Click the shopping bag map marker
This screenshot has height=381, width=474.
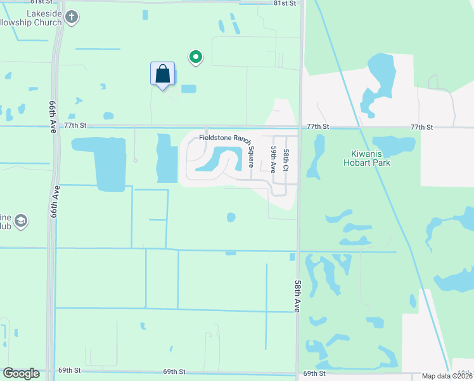pos(163,74)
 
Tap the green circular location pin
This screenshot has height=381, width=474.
pos(196,58)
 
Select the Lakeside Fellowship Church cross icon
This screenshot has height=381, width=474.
pos(72,17)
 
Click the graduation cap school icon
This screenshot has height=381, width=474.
pos(21,221)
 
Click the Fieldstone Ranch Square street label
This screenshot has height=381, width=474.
pos(226,137)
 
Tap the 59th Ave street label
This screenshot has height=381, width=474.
pos(274,159)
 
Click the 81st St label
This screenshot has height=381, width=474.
pos(285,3)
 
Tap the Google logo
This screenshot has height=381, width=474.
pos(21,373)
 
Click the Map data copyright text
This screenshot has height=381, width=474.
pos(447,376)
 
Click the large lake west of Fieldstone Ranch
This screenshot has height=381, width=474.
pos(101,162)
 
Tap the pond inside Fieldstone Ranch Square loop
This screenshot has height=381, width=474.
pos(222,157)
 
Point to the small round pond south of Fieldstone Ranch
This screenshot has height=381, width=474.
pos(231,217)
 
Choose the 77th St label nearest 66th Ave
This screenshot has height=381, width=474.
pos(75,126)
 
